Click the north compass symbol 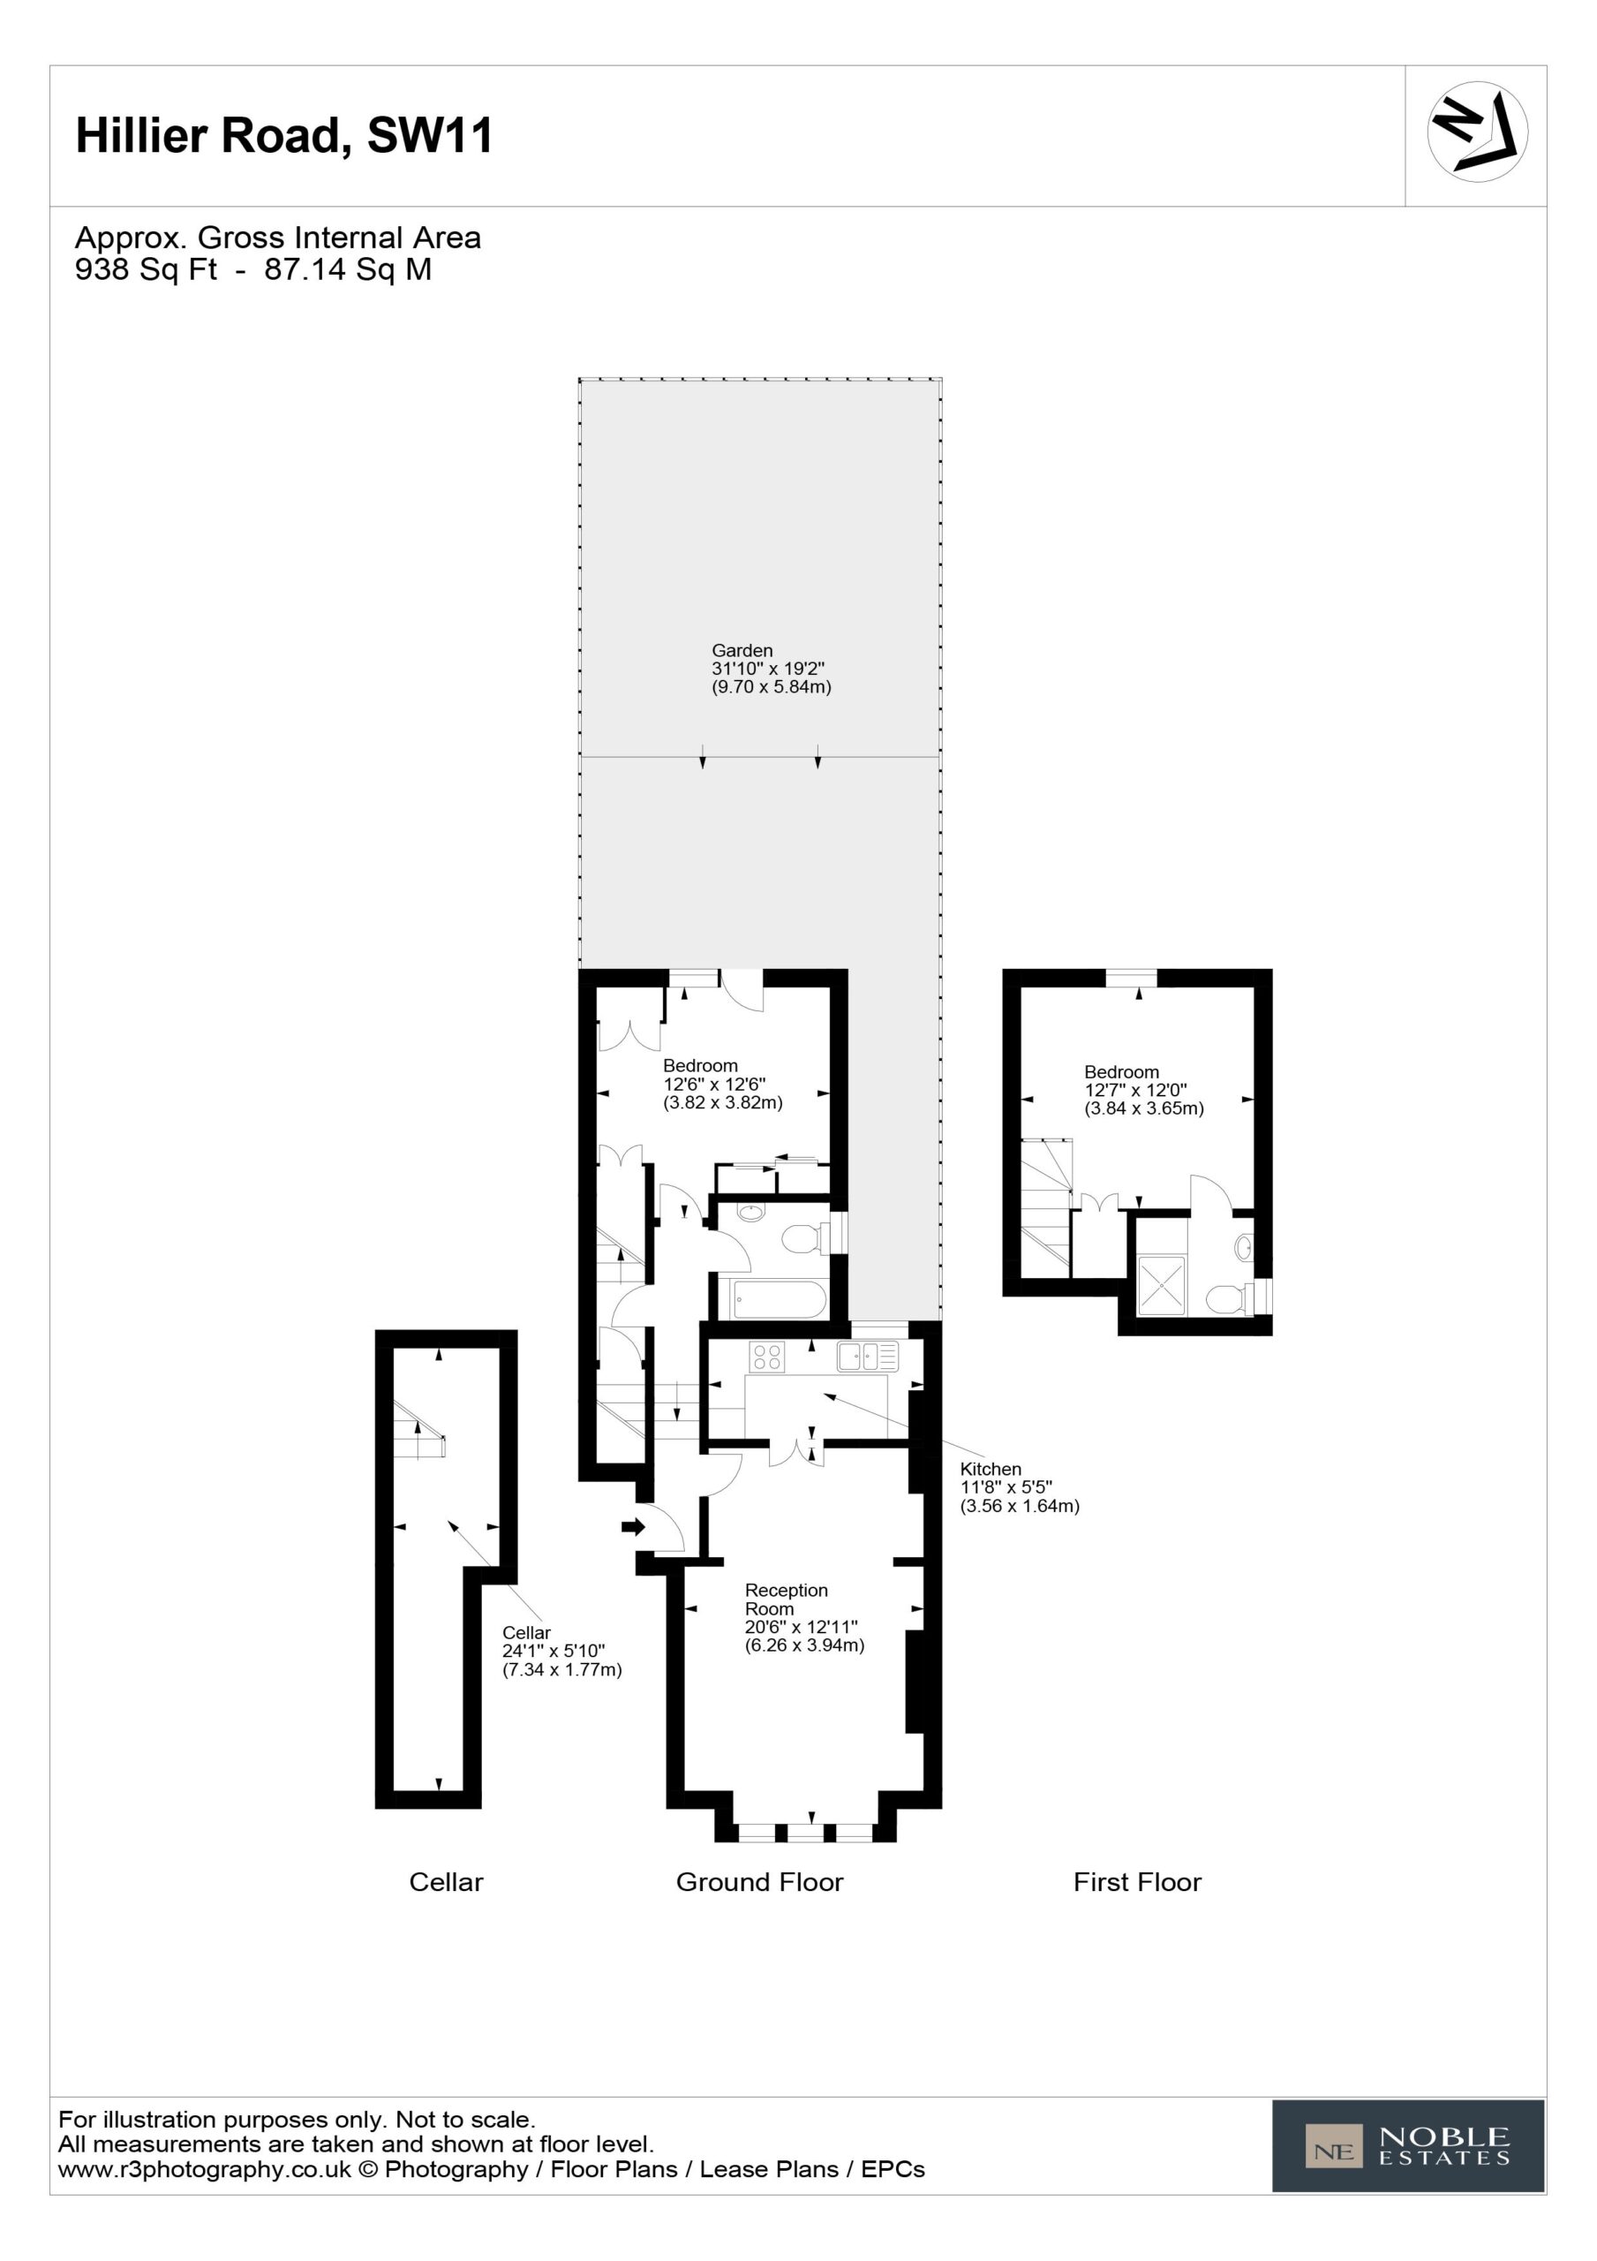1477,132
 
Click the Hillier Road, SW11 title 284,135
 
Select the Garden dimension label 771,669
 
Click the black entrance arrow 632,1527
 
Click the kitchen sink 868,1357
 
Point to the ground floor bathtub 778,1299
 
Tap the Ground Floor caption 760,1882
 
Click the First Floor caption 1137,1882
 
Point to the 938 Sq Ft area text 146,270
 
